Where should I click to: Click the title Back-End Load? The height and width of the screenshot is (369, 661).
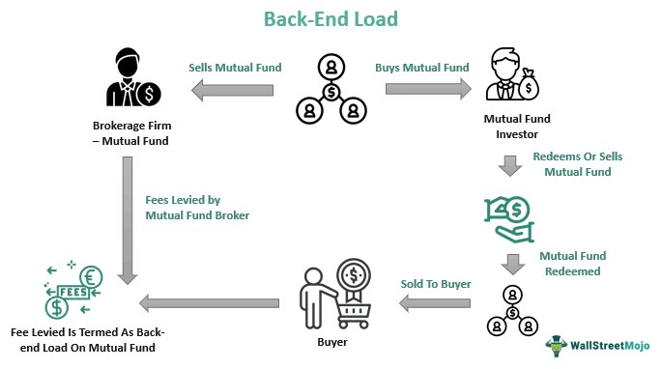[330, 18]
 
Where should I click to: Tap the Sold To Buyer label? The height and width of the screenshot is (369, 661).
[437, 284]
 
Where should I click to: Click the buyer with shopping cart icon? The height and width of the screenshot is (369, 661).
[329, 295]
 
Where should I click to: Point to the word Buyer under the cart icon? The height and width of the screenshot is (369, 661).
[329, 341]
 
